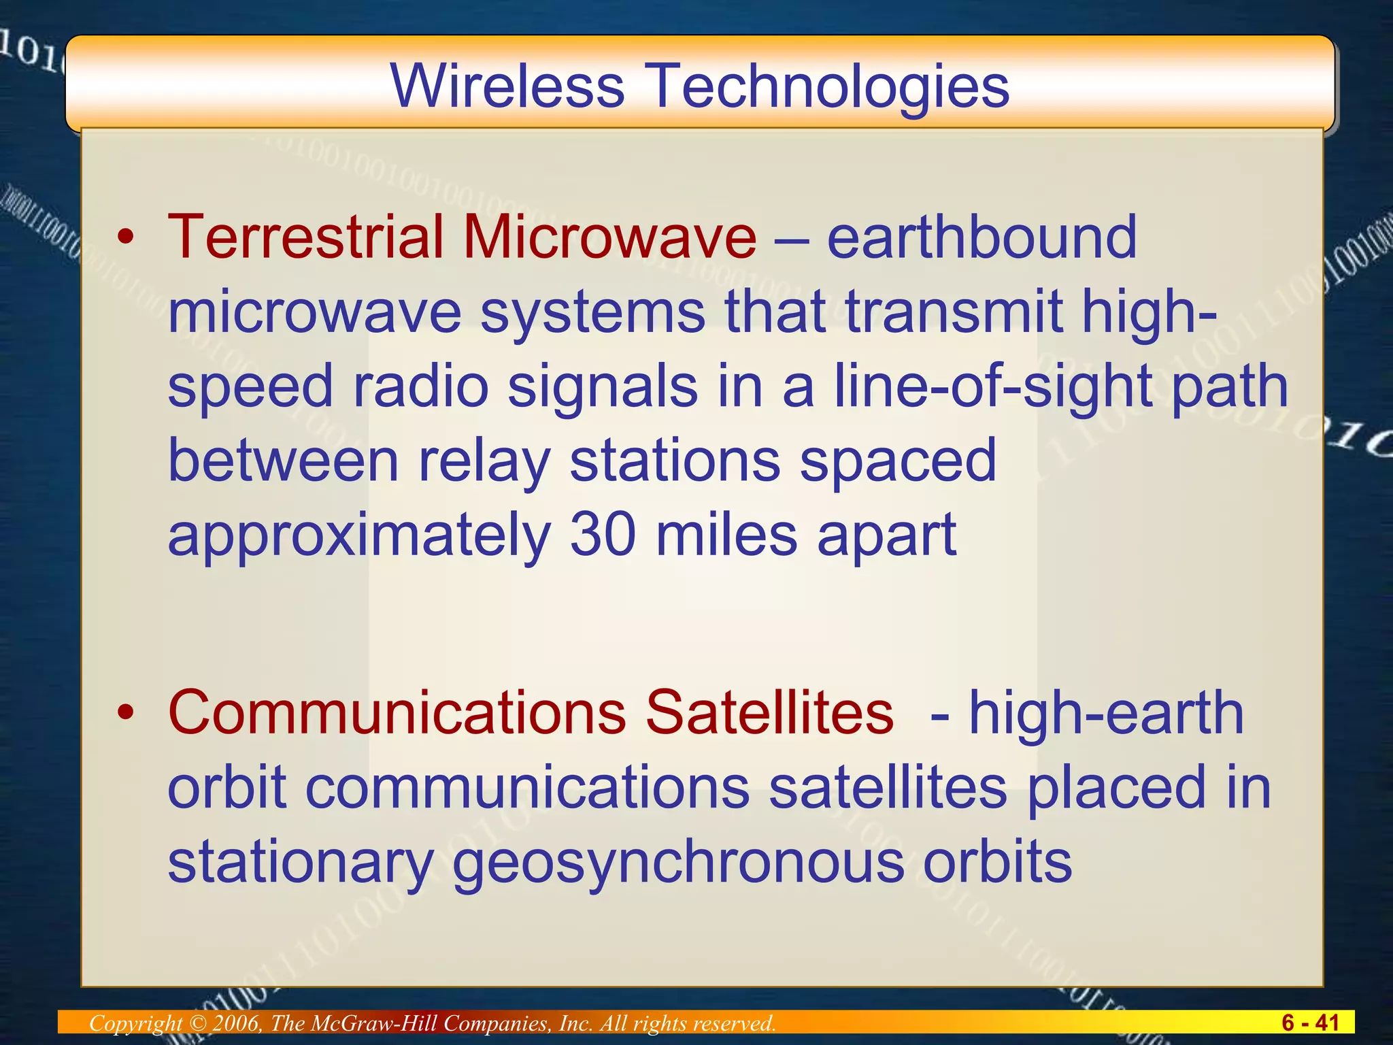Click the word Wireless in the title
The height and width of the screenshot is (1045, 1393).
click(507, 86)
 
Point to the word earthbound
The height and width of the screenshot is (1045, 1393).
click(981, 237)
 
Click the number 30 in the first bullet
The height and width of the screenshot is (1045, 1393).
click(602, 535)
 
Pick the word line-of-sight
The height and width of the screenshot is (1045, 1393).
click(992, 386)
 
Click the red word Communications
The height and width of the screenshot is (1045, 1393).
click(397, 712)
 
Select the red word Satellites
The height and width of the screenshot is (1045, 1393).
click(769, 712)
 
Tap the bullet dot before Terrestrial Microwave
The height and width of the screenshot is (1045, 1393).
click(126, 238)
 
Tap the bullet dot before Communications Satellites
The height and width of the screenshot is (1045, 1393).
click(126, 714)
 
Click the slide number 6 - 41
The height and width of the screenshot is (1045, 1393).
click(1310, 1023)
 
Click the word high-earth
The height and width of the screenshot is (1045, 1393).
click(1106, 712)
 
